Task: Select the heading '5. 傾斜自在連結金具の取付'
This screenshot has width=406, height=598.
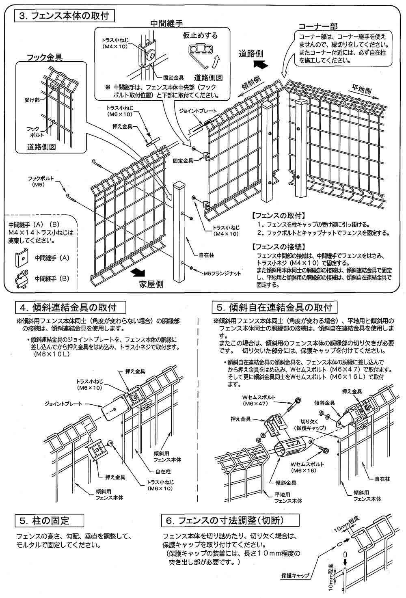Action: tap(274, 307)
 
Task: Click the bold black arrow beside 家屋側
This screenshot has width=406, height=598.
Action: tap(139, 271)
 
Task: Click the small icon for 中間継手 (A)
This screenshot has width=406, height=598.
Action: tap(22, 257)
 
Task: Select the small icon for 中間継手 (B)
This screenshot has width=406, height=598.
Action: tap(22, 279)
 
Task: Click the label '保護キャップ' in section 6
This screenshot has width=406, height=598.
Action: tap(295, 576)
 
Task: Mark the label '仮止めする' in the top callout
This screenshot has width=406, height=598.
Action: tap(200, 35)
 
